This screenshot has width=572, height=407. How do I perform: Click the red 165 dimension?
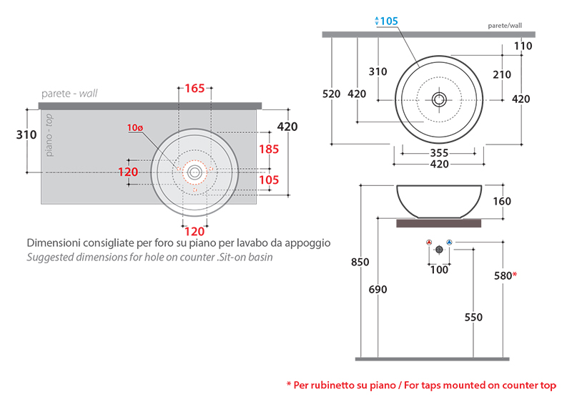click(x=194, y=89)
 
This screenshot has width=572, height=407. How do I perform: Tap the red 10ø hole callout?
click(x=135, y=128)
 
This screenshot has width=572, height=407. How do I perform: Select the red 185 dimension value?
click(x=269, y=149)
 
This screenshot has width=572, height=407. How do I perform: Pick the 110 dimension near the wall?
click(x=523, y=46)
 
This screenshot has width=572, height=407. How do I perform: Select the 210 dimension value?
click(x=502, y=74)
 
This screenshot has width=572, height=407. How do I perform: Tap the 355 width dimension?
click(x=439, y=152)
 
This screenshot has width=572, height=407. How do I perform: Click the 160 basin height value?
click(x=502, y=202)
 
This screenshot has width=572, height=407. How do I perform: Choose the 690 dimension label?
click(x=377, y=290)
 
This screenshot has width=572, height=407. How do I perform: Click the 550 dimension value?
click(x=473, y=318)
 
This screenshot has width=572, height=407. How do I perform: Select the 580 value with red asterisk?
click(x=505, y=275)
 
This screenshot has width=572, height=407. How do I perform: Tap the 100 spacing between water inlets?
click(x=438, y=270)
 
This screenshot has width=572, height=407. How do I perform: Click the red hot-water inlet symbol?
click(x=428, y=243)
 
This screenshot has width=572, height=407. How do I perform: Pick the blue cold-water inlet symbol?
click(x=449, y=243)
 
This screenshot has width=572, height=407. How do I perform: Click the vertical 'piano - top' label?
click(x=49, y=135)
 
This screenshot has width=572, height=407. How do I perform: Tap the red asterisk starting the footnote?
click(x=289, y=386)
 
